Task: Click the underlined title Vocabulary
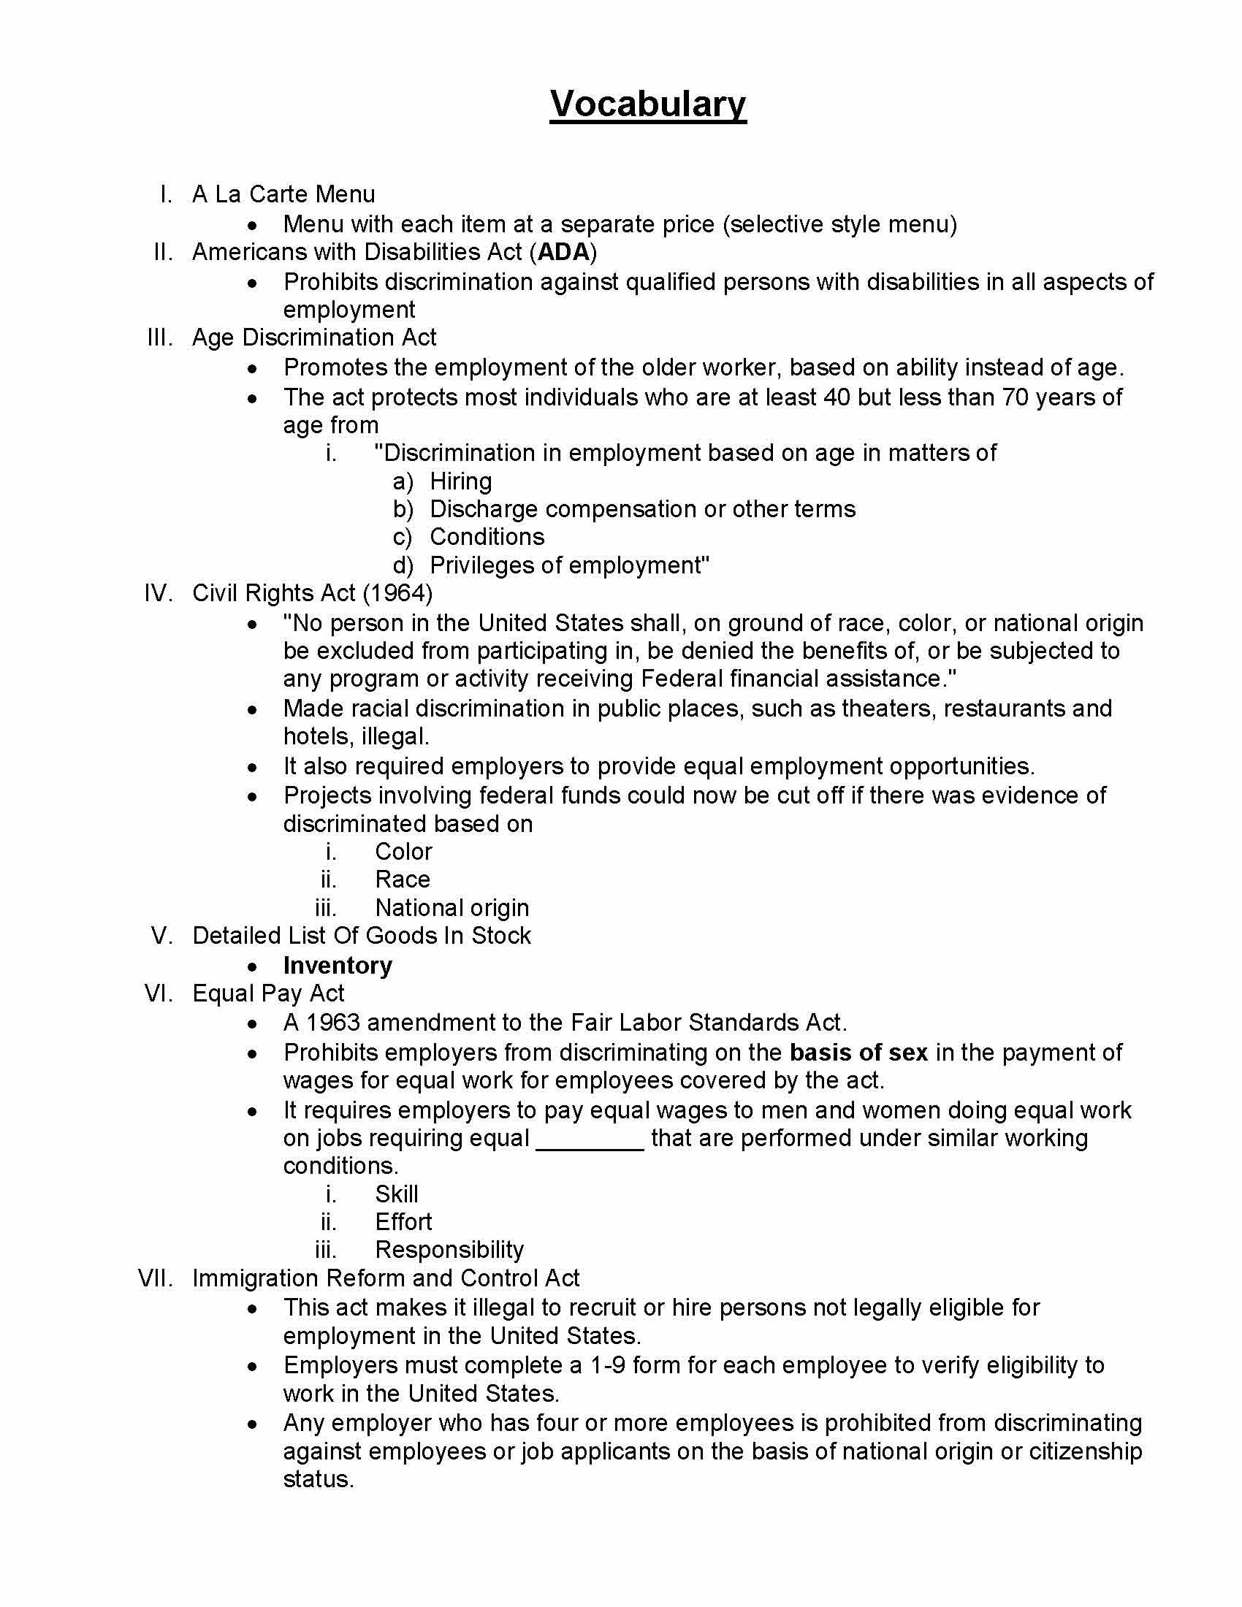647,104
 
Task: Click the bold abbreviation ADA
563,253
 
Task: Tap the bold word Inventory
338,966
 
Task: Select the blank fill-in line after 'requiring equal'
590,1139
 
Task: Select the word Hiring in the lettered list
460,481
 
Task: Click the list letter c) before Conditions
403,537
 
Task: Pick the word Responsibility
449,1250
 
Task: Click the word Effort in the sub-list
403,1222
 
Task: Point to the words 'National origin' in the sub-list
452,908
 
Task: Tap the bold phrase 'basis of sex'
858,1053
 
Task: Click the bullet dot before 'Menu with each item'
252,224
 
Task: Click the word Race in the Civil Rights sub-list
403,879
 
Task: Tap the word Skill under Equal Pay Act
397,1194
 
